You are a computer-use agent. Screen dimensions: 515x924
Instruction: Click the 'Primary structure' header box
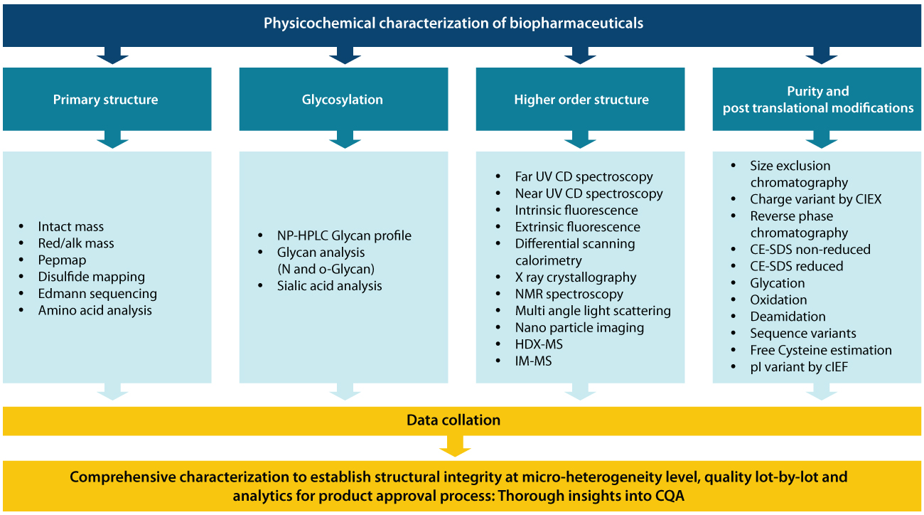pos(105,100)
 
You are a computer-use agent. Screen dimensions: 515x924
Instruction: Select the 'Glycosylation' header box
pos(343,100)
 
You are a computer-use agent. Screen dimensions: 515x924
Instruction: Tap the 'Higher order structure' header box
pos(581,100)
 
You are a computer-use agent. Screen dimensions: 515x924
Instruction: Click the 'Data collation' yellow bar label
pos(453,420)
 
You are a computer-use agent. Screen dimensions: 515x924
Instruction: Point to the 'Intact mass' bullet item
pos(70,227)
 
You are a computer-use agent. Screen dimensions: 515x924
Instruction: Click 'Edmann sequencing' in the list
pos(97,294)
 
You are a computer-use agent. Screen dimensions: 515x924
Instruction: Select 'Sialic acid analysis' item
pos(329,286)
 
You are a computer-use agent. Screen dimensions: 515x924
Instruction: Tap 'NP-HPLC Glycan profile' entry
pos(344,235)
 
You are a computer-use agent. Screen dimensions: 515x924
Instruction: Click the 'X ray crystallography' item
pos(576,277)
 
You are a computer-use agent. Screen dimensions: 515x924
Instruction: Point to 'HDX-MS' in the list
pos(539,344)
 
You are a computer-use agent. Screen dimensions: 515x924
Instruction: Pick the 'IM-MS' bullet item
pos(533,361)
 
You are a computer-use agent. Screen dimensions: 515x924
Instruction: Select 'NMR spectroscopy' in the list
pos(569,294)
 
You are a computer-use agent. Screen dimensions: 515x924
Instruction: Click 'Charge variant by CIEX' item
pos(815,199)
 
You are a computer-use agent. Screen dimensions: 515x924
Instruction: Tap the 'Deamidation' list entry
pos(788,317)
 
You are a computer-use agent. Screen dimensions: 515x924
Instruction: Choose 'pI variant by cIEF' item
pos(799,367)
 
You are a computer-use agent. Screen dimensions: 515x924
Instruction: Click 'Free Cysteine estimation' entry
pos(820,350)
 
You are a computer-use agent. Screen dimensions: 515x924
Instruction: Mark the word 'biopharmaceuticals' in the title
pos(576,23)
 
